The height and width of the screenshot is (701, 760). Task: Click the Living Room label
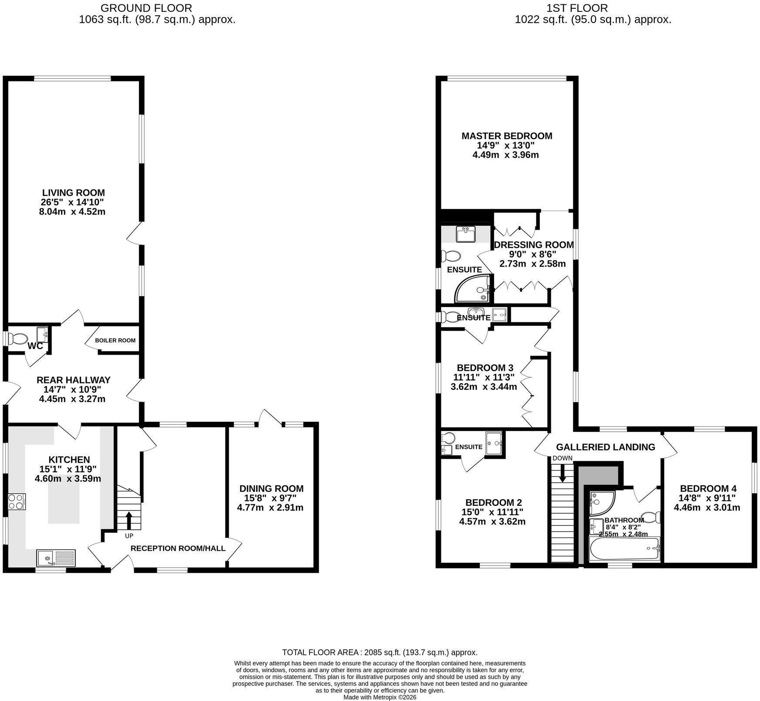click(73, 193)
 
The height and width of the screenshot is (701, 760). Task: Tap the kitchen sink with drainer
click(56, 558)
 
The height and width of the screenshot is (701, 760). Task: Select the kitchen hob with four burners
click(17, 501)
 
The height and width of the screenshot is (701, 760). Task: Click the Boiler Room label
click(115, 340)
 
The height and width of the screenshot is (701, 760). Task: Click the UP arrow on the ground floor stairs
click(129, 519)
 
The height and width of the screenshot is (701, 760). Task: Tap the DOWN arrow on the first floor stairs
click(562, 473)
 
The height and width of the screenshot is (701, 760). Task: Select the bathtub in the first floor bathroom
click(624, 549)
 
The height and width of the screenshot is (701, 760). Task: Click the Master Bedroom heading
click(507, 136)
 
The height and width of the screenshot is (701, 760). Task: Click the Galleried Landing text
click(605, 447)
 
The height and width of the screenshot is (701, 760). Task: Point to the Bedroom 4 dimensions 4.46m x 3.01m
click(707, 508)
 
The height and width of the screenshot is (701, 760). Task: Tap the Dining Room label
click(271, 489)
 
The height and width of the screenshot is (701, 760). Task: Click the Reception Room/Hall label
click(178, 548)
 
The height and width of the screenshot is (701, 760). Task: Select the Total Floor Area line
click(380, 652)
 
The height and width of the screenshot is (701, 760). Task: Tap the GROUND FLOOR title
click(146, 8)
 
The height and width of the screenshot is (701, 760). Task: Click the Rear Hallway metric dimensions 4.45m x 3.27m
click(72, 399)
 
